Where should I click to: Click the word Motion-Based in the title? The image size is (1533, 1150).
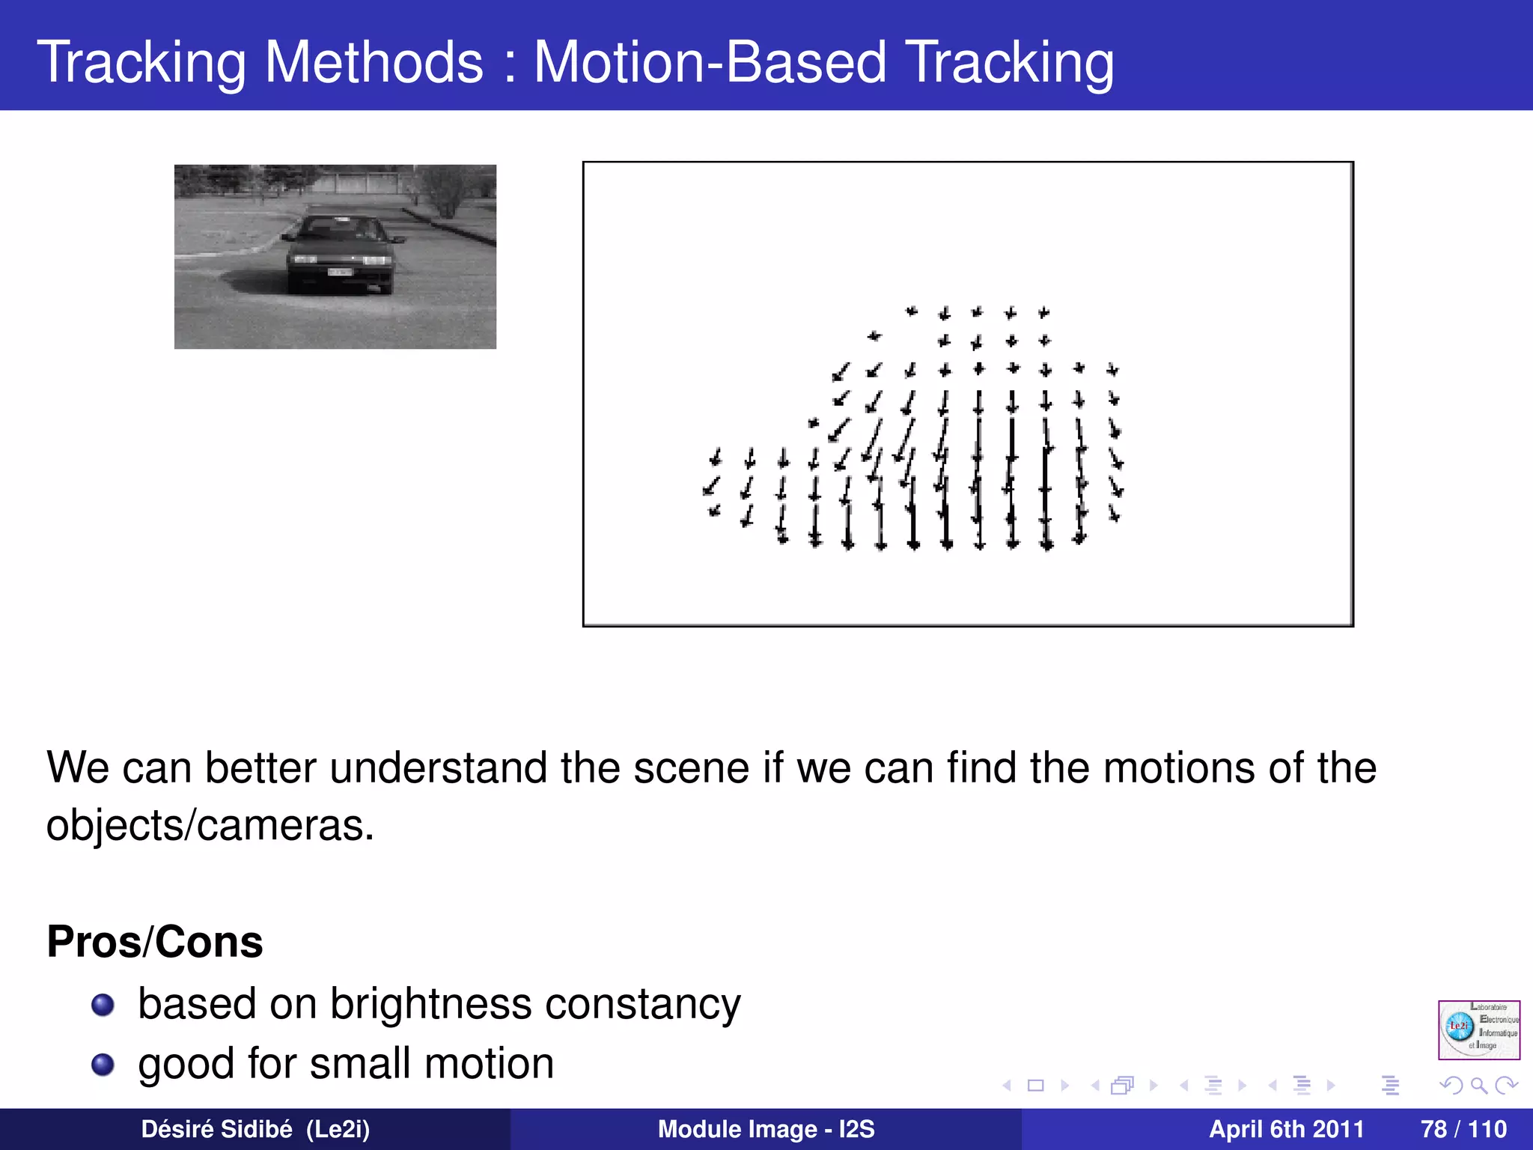(709, 63)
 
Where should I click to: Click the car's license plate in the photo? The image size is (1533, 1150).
(339, 273)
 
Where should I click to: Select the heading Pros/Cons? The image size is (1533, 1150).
(155, 942)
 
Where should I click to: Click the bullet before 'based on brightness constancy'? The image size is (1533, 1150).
(103, 1005)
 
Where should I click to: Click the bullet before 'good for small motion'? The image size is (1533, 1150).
(103, 1065)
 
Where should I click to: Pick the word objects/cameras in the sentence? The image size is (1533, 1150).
(210, 827)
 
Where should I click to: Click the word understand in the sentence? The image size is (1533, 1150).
(438, 768)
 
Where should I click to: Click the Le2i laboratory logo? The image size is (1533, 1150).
(1478, 1029)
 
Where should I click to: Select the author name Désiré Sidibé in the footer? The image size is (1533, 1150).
(216, 1129)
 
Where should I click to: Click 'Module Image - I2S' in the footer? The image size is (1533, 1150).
(766, 1129)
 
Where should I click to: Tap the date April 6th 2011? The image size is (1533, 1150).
(1286, 1129)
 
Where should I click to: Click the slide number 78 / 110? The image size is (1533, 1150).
(1463, 1129)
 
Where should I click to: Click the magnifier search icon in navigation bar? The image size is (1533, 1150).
(1478, 1085)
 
